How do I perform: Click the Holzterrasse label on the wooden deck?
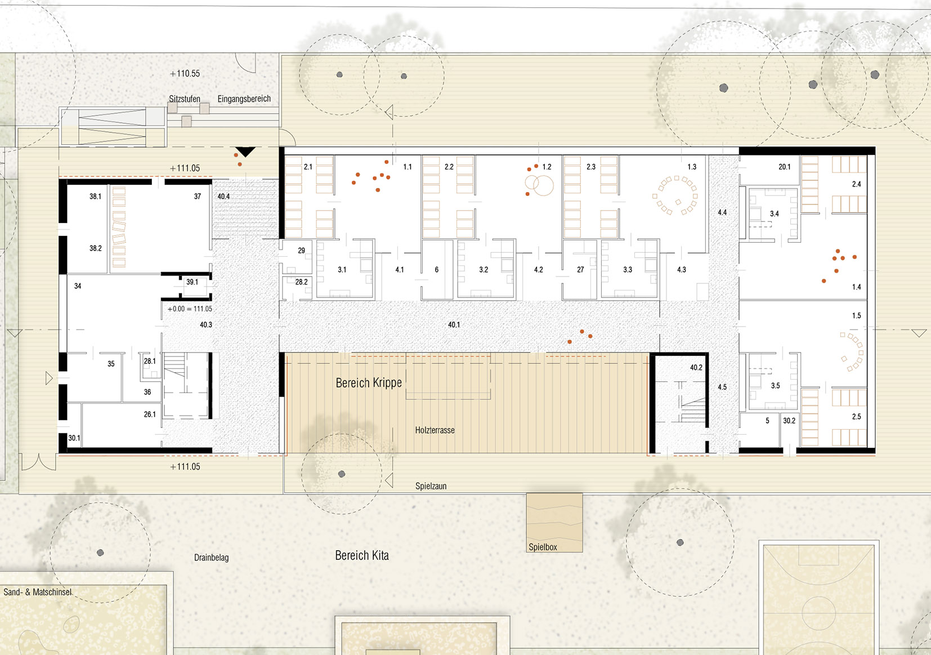pos(435,430)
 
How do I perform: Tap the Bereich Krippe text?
pos(369,382)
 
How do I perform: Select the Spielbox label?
pos(543,547)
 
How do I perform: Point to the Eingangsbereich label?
pos(244,99)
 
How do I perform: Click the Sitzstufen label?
pos(185,99)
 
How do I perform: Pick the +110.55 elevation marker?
pos(185,74)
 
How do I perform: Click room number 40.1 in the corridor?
pos(454,324)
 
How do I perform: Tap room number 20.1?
pos(784,167)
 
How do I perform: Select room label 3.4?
pos(774,214)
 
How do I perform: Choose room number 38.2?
pos(96,248)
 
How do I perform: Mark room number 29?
pos(301,251)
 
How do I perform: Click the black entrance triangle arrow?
pos(245,152)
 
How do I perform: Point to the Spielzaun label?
pos(431,485)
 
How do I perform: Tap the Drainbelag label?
pos(211,557)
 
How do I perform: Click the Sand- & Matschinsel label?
pos(37,592)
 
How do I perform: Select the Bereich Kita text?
pos(361,555)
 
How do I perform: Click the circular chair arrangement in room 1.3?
pos(675,195)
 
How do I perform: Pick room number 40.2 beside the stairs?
pos(696,368)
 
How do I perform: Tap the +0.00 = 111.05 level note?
pos(190,309)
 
